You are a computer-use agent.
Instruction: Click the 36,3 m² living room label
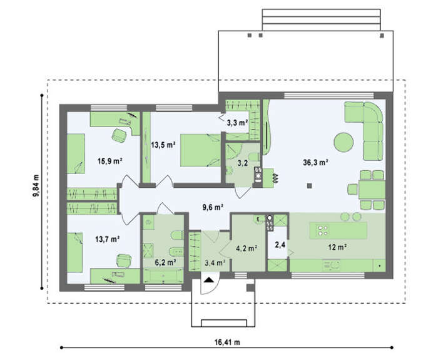(x=315, y=162)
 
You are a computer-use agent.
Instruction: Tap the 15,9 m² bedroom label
(x=110, y=161)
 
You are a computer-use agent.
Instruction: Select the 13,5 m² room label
(x=163, y=145)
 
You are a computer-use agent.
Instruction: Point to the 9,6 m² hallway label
(x=213, y=207)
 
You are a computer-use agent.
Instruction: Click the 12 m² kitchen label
(x=337, y=247)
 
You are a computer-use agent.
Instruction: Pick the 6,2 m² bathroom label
(x=165, y=262)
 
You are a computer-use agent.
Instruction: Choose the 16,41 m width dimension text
(x=227, y=342)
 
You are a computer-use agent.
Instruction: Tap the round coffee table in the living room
(x=344, y=142)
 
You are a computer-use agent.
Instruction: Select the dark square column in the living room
(x=309, y=185)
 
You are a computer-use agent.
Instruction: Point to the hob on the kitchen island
(x=322, y=230)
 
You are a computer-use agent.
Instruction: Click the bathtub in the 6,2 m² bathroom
(x=163, y=276)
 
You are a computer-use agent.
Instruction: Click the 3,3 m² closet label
(x=237, y=123)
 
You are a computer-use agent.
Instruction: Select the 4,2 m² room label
(x=247, y=248)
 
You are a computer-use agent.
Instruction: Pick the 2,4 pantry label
(x=280, y=245)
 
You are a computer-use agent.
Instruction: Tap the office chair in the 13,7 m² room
(x=123, y=260)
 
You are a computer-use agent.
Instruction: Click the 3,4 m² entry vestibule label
(x=215, y=262)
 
